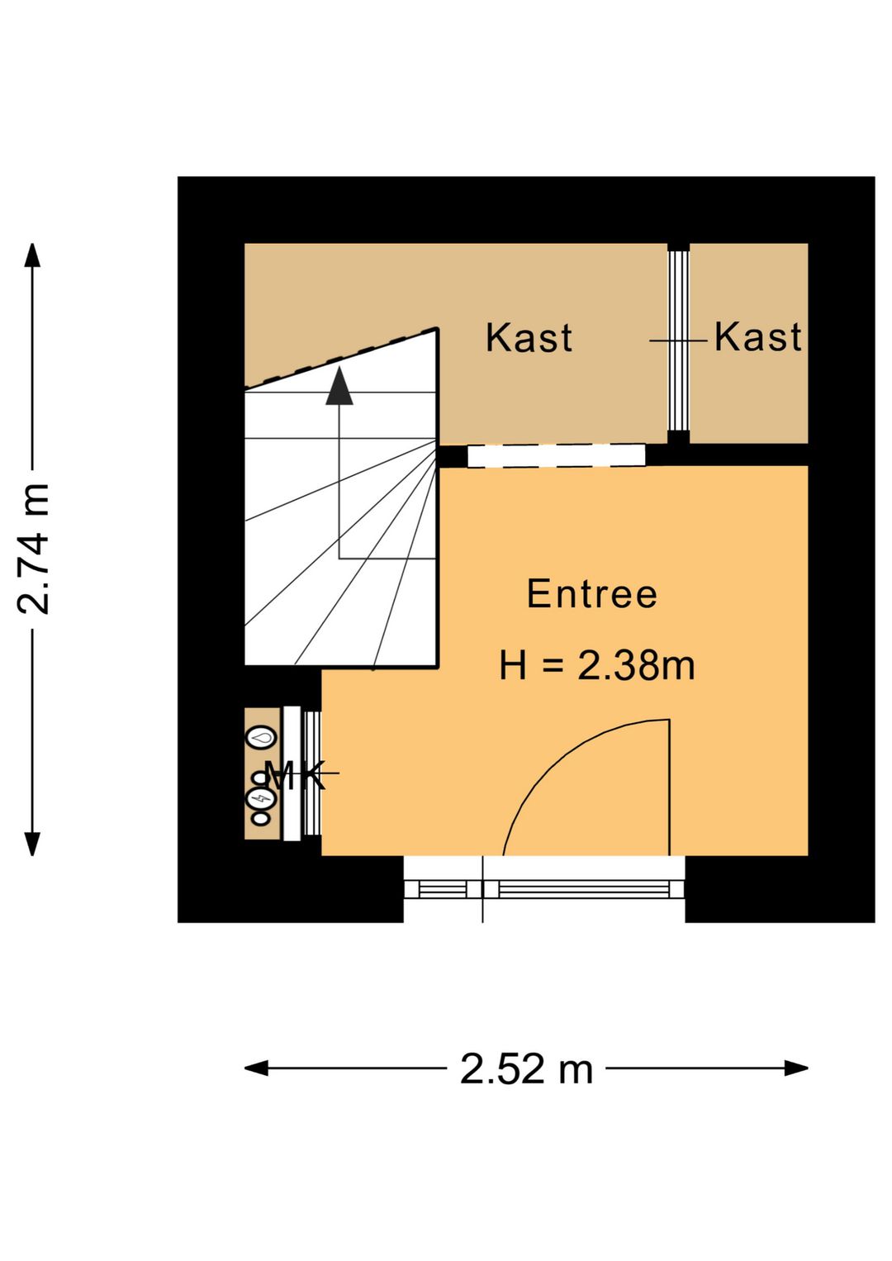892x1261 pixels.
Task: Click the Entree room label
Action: pyautogui.click(x=591, y=594)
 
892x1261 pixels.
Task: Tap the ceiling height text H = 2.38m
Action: pyautogui.click(x=596, y=666)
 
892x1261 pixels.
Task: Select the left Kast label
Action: pyautogui.click(x=529, y=338)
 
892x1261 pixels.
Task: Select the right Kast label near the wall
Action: pyautogui.click(x=757, y=337)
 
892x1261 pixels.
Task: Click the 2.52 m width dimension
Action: pyautogui.click(x=526, y=1069)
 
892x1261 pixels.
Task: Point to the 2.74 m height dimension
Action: pyautogui.click(x=34, y=549)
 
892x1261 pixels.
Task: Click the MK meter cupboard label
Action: pyautogui.click(x=295, y=775)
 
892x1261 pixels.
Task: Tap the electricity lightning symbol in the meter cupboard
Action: pyautogui.click(x=261, y=798)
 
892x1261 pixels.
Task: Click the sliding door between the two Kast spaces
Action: pyautogui.click(x=678, y=340)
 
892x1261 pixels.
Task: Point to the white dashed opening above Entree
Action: pyautogui.click(x=556, y=455)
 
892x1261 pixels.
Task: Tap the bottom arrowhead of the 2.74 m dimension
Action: pyautogui.click(x=32, y=844)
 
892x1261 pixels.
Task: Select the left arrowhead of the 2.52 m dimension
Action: pyautogui.click(x=256, y=1068)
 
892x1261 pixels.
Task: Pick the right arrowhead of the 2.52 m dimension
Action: pyautogui.click(x=796, y=1068)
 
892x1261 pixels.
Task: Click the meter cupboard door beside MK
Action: pyautogui.click(x=311, y=773)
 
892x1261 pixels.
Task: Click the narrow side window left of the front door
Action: pyautogui.click(x=443, y=889)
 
